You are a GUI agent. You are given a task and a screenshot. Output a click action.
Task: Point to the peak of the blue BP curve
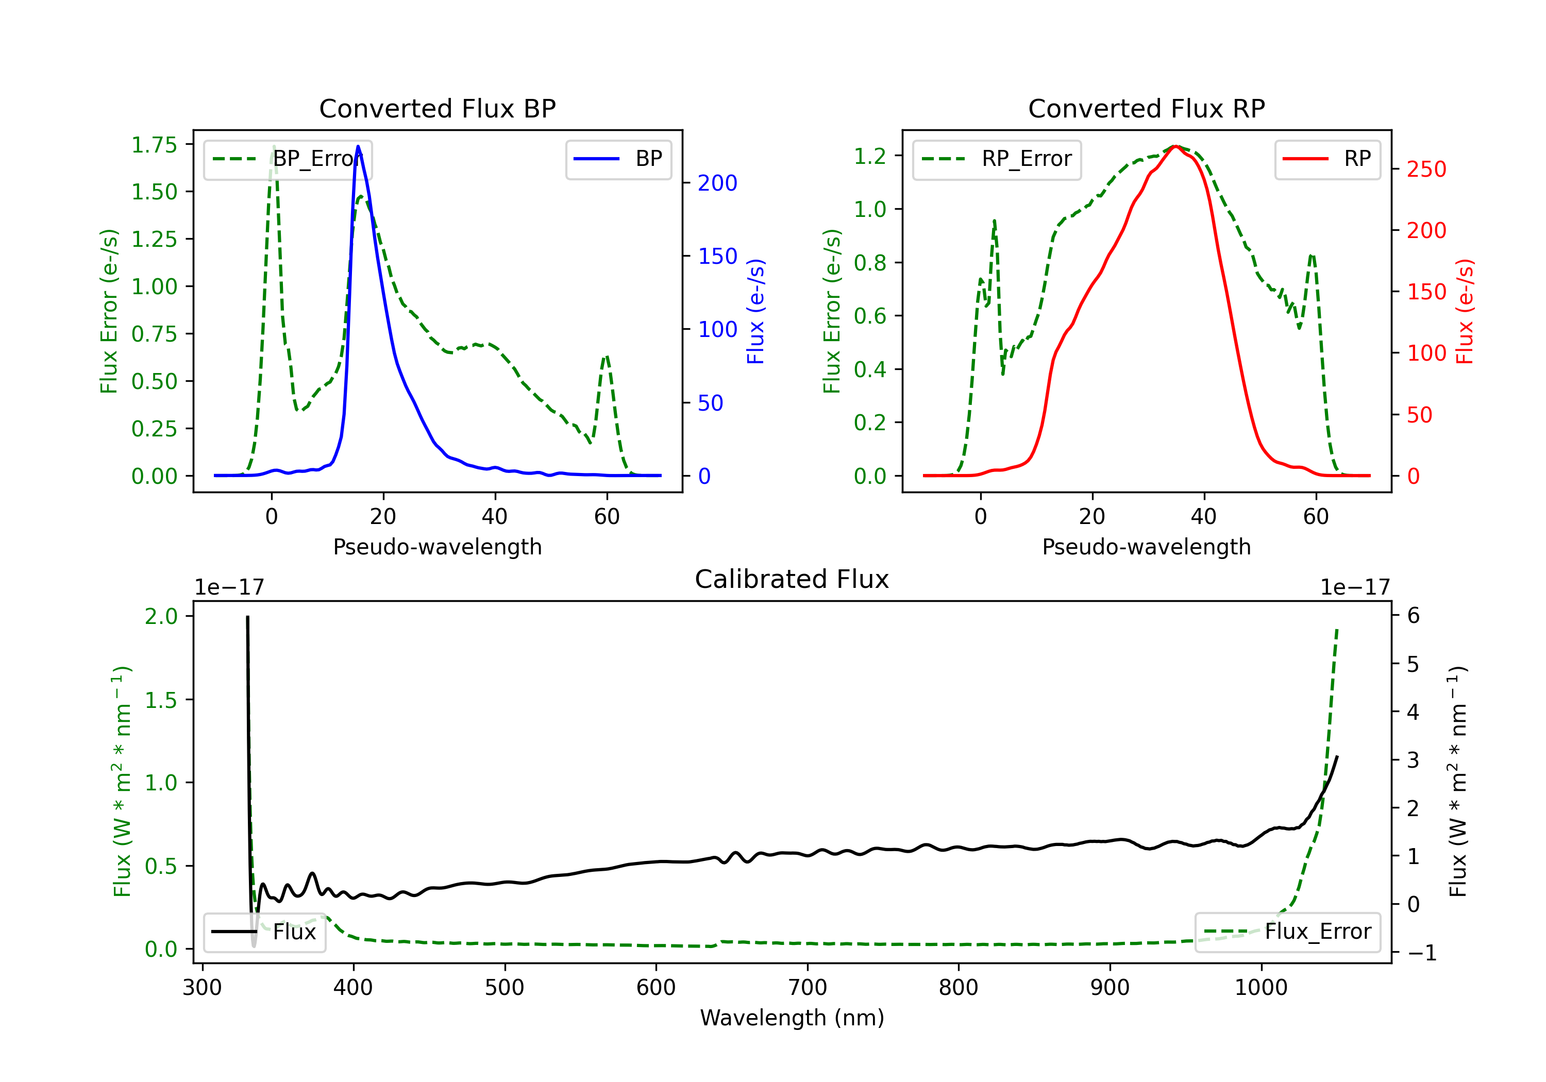point(358,146)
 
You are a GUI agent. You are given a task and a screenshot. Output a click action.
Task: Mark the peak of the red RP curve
point(1175,146)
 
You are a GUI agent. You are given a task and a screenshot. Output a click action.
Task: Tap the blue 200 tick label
point(717,183)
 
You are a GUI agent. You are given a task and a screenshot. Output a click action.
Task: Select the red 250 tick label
point(1426,169)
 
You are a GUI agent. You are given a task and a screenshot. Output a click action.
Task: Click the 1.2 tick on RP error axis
point(870,156)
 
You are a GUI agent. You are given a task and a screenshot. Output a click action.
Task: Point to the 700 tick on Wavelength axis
point(808,988)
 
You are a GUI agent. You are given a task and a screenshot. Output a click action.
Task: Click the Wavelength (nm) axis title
point(792,1018)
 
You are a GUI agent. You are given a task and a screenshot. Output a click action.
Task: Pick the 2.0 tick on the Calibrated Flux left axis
point(162,616)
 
